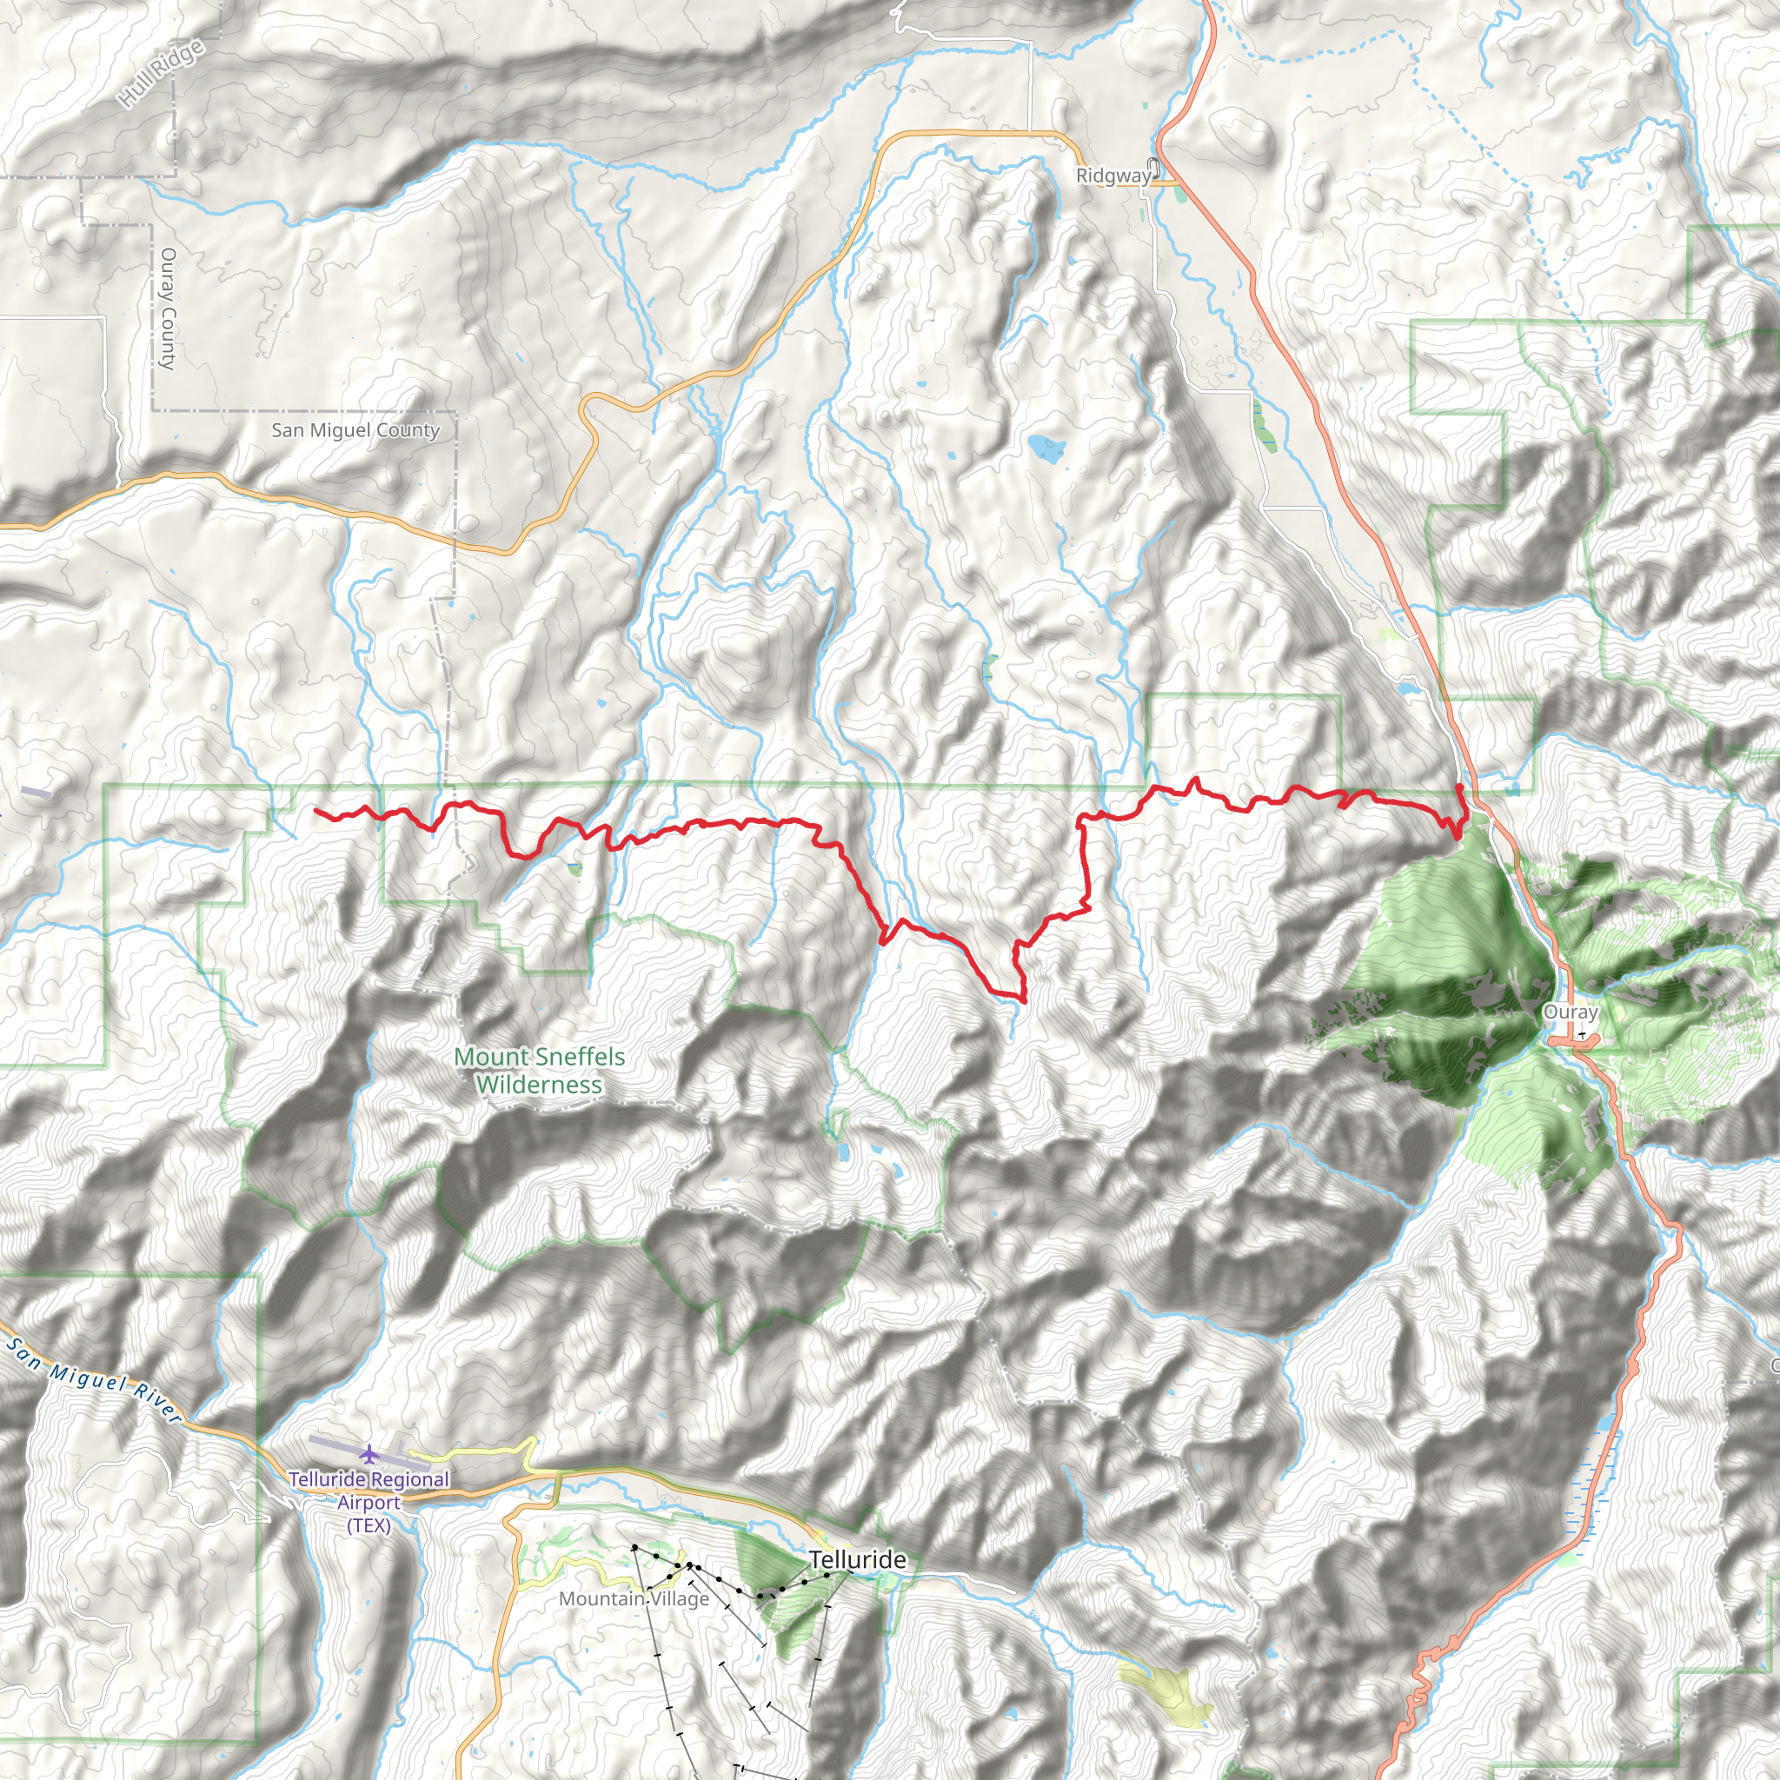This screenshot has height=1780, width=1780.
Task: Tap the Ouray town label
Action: click(1570, 1012)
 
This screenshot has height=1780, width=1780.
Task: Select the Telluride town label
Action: click(857, 1560)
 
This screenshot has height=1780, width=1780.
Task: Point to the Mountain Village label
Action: click(634, 1598)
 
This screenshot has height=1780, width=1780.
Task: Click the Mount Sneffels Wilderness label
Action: click(540, 1071)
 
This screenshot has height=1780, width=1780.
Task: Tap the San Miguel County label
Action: click(355, 430)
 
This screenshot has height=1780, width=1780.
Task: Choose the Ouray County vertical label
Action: click(168, 308)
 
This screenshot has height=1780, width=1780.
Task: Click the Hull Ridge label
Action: click(163, 74)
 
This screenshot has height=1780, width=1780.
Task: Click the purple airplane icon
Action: click(369, 1454)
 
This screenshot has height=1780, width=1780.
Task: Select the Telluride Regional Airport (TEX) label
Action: click(369, 1502)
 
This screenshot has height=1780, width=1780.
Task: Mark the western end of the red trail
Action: click(316, 811)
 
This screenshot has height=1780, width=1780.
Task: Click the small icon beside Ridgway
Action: click(1156, 168)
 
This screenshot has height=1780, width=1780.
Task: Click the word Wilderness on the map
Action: click(540, 1085)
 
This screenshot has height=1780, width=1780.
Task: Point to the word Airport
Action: click(369, 1503)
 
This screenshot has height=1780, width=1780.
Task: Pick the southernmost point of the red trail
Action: click(1024, 1000)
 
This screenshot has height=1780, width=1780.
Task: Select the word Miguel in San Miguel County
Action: click(355, 430)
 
